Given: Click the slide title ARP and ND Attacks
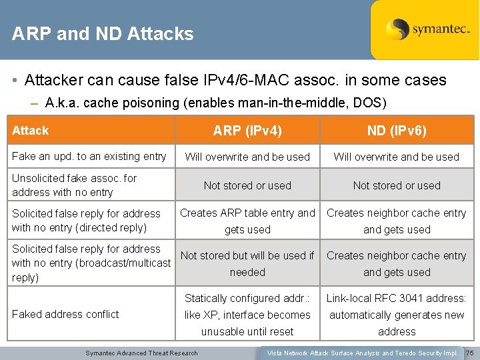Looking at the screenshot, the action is pos(103,34).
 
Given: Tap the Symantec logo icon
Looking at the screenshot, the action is pos(397,29).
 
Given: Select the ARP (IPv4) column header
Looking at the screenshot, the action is pos(247,131).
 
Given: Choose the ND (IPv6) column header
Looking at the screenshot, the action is pos(397,131).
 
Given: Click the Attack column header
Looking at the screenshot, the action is pos(31,131).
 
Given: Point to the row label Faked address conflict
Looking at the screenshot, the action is pos(65,314).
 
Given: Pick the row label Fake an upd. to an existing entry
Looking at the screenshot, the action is pos(89,156).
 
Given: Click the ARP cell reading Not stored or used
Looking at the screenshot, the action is pos(247,186).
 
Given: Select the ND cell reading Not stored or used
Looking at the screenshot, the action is pos(397,186).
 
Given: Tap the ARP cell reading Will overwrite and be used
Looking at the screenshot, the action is pos(247,157).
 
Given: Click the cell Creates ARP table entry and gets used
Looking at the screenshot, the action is pos(247,221).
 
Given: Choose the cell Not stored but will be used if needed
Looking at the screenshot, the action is pos(247,264).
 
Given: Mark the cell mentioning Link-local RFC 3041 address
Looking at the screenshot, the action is pos(397,315).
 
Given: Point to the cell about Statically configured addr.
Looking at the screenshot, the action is pos(247,315).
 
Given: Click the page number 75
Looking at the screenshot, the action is pos(469,353).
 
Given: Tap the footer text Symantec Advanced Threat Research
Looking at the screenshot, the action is pos(141,353).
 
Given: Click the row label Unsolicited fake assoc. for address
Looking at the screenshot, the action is pos(74,185).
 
